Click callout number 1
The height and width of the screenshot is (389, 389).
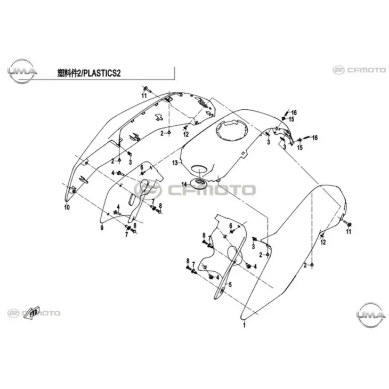tap(244, 325)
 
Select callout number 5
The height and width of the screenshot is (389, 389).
tap(230, 285)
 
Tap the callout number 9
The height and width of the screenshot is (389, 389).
tap(102, 228)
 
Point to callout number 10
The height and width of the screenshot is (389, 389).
tap(67, 207)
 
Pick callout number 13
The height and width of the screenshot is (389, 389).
tap(175, 163)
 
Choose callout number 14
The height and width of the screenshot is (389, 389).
tap(184, 184)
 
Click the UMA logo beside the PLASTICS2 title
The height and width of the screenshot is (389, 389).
tap(22, 71)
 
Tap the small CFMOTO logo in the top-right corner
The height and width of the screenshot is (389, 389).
tap(359, 70)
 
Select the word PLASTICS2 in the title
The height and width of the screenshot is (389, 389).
tap(101, 73)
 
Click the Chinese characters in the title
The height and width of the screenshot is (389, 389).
tap(68, 73)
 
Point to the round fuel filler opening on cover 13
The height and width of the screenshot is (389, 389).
tap(232, 129)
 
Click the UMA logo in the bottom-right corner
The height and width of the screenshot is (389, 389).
tap(371, 315)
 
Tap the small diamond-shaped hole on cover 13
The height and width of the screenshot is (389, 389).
tap(244, 154)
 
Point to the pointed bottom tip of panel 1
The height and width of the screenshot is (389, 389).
tap(241, 318)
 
